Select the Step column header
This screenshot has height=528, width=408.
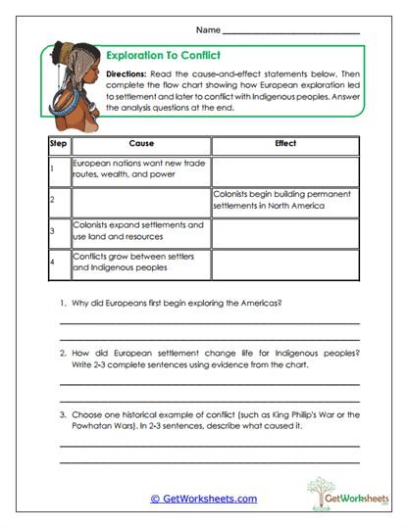[x=57, y=144]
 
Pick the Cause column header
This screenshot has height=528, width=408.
[x=140, y=144]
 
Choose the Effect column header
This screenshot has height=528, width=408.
[x=285, y=144]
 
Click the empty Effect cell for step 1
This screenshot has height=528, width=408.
[x=285, y=170]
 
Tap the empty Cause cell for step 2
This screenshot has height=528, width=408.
[x=140, y=202]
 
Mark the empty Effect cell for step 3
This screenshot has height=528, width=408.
[x=285, y=232]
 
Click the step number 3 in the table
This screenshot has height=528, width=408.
[x=52, y=232]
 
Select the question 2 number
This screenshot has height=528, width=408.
[x=64, y=353]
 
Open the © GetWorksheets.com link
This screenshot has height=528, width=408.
[x=203, y=499]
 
